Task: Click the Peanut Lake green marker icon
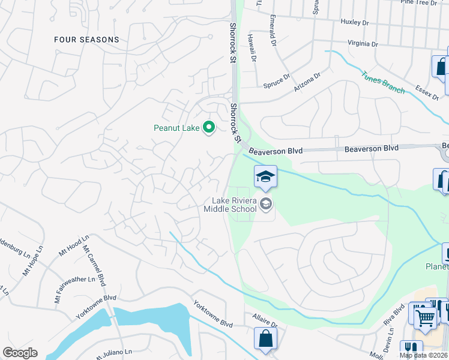(209, 127)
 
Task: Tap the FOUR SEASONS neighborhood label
(86, 40)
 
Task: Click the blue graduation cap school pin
(265, 176)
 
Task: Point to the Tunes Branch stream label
(382, 83)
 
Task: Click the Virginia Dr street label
(363, 44)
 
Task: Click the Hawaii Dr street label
(252, 48)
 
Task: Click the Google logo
(20, 353)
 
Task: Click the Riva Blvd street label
(399, 317)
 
